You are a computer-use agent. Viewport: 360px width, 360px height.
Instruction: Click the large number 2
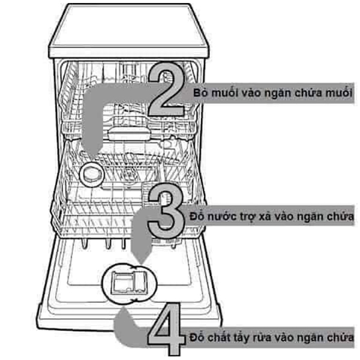166,89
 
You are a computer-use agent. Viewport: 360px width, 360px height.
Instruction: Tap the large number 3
166,208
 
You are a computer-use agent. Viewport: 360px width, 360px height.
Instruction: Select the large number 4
166,329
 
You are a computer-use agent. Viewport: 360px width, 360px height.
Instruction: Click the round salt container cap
91,175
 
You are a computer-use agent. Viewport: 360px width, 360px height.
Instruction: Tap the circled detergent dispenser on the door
130,284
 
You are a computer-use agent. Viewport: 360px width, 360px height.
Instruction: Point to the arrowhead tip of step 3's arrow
141,263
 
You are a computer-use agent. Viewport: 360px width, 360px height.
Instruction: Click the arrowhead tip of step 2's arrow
91,158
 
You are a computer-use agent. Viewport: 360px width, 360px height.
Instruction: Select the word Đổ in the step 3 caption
196,216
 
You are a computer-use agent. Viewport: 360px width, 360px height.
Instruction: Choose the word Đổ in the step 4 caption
197,337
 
